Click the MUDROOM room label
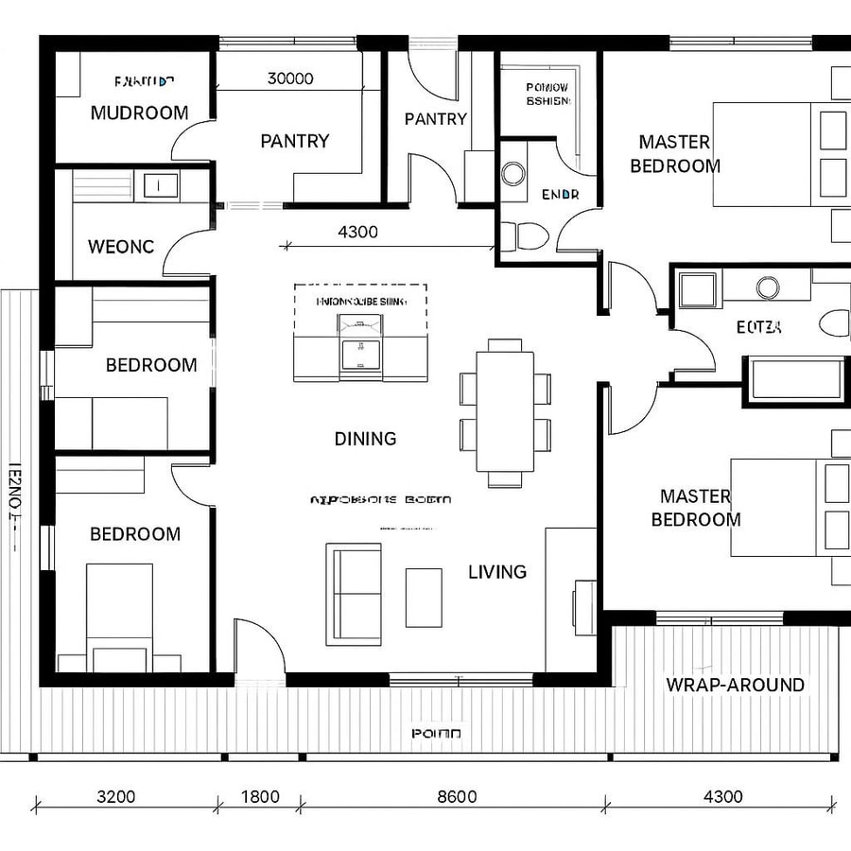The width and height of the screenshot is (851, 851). pos(139,113)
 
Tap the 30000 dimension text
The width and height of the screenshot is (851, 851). pos(290,79)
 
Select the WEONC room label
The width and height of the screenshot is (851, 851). pos(120,247)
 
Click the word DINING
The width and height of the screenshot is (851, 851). pos(365,439)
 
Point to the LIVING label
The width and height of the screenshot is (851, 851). pos(497,572)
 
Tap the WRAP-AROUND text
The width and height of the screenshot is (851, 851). pos(735,686)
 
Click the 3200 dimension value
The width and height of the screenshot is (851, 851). pos(116,796)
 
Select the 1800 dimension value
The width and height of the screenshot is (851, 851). pos(260,796)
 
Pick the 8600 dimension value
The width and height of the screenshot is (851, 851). pos(457,796)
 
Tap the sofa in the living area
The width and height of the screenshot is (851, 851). pos(354,594)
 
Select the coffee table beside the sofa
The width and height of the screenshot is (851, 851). pos(424,597)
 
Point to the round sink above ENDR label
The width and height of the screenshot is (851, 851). pos(513,172)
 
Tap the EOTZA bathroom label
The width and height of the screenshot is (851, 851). pos(759,328)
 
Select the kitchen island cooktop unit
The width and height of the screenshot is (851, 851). pos(359,352)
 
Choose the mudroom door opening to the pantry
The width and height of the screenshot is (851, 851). pos(190,141)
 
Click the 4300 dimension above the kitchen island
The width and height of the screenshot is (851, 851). pos(357,232)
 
